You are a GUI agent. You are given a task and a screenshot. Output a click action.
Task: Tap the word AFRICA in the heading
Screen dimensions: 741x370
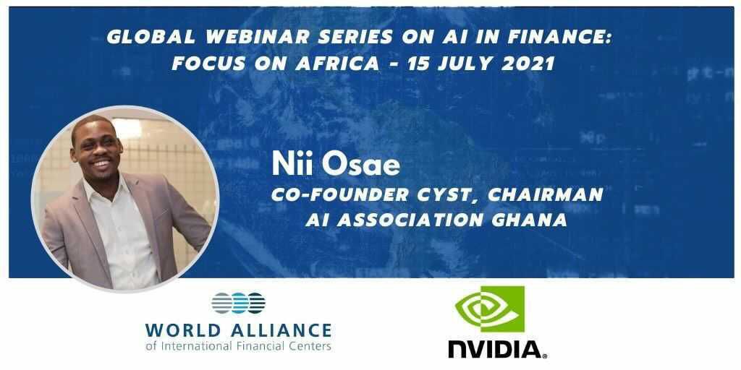coord(337,64)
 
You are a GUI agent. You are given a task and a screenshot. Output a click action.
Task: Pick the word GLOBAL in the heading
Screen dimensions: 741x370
coord(151,38)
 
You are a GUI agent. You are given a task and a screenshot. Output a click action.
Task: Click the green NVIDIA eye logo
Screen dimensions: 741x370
coord(490,309)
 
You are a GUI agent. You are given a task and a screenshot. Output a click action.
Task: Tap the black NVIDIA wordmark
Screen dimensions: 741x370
coord(498,349)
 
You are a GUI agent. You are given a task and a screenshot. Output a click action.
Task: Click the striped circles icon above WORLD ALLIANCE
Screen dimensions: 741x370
coord(238,303)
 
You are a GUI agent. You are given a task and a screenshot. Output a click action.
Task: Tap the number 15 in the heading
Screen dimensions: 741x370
coord(418,64)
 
